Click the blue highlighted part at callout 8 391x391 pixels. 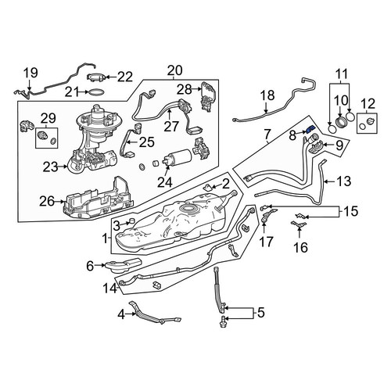pyautogui.click(x=310, y=129)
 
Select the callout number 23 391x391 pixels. pyautogui.click(x=51, y=167)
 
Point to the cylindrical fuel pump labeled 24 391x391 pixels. pyautogui.click(x=178, y=158)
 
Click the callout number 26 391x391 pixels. pyautogui.click(x=47, y=201)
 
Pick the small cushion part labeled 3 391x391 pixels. pyautogui.click(x=132, y=221)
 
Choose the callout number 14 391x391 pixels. pyautogui.click(x=110, y=289)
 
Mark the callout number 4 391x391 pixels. pyautogui.click(x=121, y=314)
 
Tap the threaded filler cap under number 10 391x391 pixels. pyautogui.click(x=341, y=122)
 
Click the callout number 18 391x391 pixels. pyautogui.click(x=267, y=95)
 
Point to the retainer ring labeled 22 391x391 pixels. pyautogui.click(x=96, y=77)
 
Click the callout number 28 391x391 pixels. pyautogui.click(x=185, y=90)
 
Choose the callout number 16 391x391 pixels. pyautogui.click(x=300, y=247)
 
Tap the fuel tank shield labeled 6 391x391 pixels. pyautogui.click(x=123, y=265)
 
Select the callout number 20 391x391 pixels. pyautogui.click(x=175, y=70)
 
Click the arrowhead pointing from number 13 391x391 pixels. pyautogui.click(x=325, y=181)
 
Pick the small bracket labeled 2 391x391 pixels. pyautogui.click(x=208, y=188)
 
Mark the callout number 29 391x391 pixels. pyautogui.click(x=48, y=118)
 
